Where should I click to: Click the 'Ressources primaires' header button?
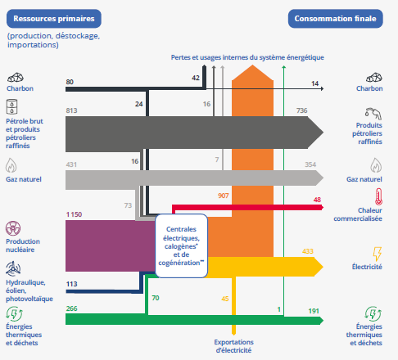(54, 19)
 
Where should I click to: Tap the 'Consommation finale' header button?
(336, 19)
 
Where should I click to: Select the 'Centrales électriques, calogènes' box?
(182, 245)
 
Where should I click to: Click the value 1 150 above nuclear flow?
(74, 214)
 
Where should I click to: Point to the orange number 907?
(223, 196)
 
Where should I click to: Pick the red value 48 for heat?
(317, 200)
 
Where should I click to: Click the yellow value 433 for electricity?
(308, 251)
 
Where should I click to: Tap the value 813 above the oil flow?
(71, 110)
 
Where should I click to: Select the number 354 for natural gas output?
(310, 164)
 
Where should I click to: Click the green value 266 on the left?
(71, 308)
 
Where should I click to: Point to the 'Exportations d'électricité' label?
(233, 346)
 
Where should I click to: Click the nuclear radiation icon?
(13, 228)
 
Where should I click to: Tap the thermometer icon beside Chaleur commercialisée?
(378, 196)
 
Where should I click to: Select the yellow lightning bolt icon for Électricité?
(378, 254)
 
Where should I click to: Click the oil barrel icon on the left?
(11, 106)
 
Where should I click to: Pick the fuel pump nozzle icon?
(373, 114)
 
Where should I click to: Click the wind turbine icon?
(13, 268)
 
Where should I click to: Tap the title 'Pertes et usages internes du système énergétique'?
(247, 57)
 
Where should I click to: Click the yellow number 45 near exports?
(225, 299)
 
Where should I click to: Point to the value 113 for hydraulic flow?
(71, 284)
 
